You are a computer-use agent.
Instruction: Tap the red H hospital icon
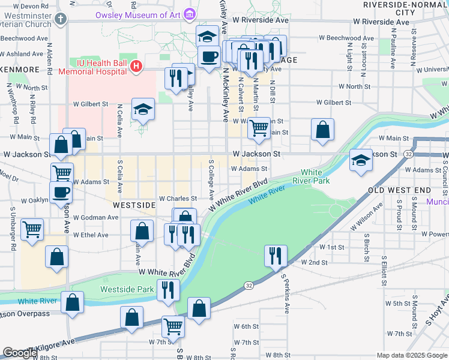click(x=136, y=66)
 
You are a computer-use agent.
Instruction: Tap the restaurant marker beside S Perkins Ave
click(x=276, y=255)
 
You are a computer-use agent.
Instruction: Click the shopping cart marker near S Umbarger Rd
click(x=32, y=229)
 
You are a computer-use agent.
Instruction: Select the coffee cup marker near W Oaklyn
click(x=61, y=193)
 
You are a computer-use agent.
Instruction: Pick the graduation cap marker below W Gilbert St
click(x=143, y=109)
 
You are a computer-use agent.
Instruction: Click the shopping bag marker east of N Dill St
click(x=322, y=130)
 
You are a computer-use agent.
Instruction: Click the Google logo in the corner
click(x=20, y=352)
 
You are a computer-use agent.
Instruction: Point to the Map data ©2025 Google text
click(x=411, y=355)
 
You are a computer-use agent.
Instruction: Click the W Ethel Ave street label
click(x=90, y=235)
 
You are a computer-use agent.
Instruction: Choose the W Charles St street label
click(x=178, y=198)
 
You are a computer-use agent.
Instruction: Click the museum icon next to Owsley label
click(x=190, y=13)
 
